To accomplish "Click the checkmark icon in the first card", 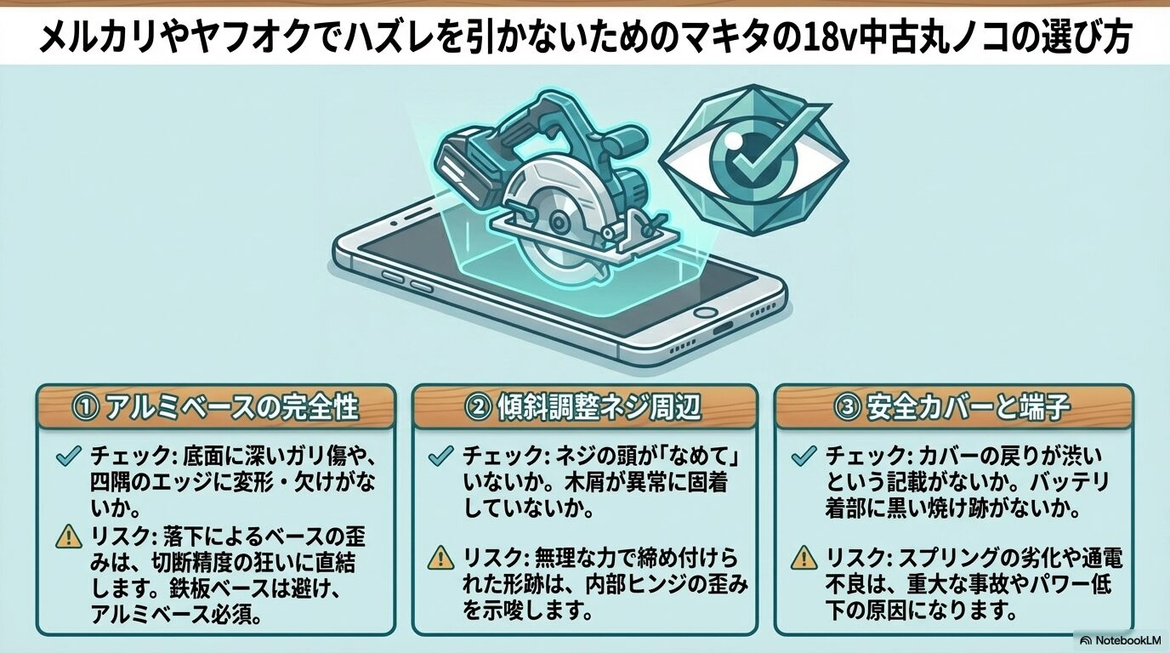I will click(x=65, y=457).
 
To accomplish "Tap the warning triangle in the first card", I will click(x=66, y=537).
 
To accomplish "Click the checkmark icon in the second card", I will click(x=440, y=457).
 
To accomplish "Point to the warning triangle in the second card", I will click(x=440, y=559).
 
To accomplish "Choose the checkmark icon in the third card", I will click(x=803, y=457).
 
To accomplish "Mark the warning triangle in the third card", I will click(x=803, y=559).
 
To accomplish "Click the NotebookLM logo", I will click(x=1121, y=639).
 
